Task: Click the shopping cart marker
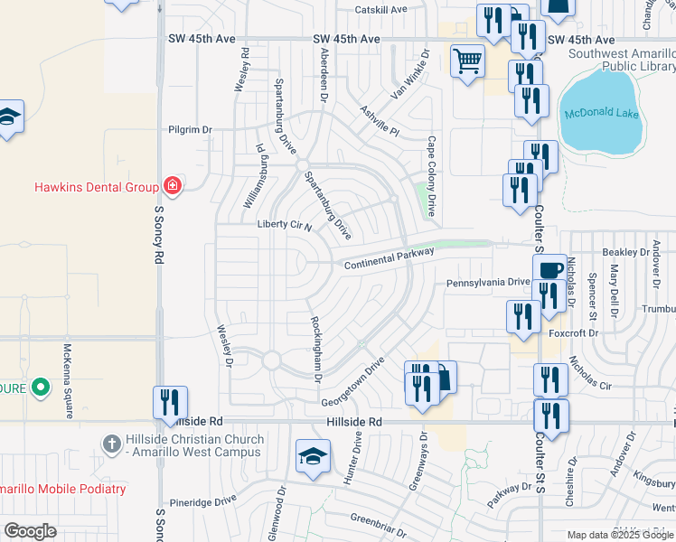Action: tap(467, 62)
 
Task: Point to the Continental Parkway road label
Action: tap(389, 257)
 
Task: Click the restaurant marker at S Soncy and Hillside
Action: tap(170, 403)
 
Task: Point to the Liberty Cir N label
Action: tap(284, 225)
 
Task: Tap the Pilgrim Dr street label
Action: tap(190, 130)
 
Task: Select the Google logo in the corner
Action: tap(30, 530)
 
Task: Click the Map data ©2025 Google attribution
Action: tap(620, 535)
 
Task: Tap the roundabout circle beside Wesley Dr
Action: tap(272, 361)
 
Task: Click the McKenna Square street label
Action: tap(68, 380)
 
